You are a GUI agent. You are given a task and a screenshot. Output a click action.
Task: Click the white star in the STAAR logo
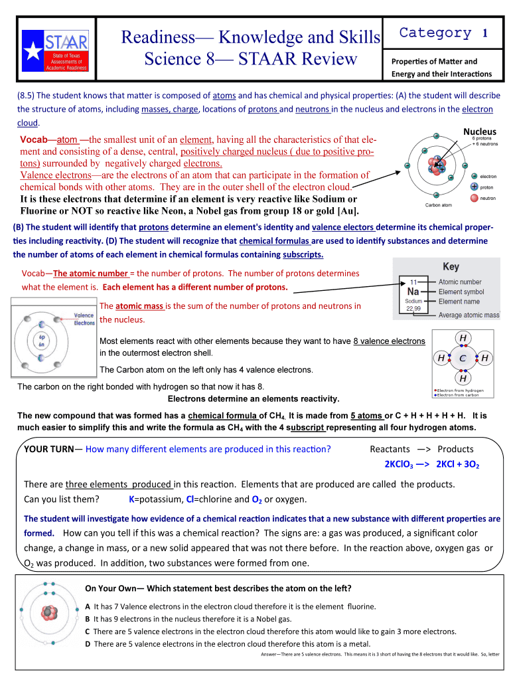point(33,51)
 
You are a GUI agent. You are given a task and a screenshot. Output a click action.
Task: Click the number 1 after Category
point(485,33)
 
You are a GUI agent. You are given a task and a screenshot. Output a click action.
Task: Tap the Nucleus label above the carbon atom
point(480,131)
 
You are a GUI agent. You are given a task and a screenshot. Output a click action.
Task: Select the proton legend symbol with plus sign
point(474,187)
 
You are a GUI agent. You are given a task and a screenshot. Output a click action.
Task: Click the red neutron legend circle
point(474,198)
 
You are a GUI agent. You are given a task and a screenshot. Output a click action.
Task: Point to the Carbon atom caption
point(438,205)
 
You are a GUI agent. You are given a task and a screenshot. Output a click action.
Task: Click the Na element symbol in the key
point(413,292)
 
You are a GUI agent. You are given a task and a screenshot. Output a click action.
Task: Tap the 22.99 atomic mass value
point(413,308)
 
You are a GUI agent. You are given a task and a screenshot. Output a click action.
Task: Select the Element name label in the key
point(459,301)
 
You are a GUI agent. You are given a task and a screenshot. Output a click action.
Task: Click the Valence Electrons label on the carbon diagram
point(84,319)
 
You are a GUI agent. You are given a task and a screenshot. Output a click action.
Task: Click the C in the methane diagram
point(463,358)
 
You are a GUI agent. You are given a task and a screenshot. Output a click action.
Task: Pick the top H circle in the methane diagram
point(463,338)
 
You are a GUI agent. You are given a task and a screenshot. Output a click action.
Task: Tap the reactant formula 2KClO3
point(399,464)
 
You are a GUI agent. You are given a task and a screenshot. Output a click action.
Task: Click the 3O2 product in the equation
point(472,464)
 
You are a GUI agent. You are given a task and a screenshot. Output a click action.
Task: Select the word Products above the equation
point(455,449)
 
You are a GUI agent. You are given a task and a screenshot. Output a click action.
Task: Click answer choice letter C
point(88,632)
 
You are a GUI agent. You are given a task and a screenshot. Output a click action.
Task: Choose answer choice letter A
point(88,606)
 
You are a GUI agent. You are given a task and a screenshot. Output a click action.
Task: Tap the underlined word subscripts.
point(303,254)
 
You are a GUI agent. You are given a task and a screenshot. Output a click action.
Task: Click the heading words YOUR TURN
point(49,449)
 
